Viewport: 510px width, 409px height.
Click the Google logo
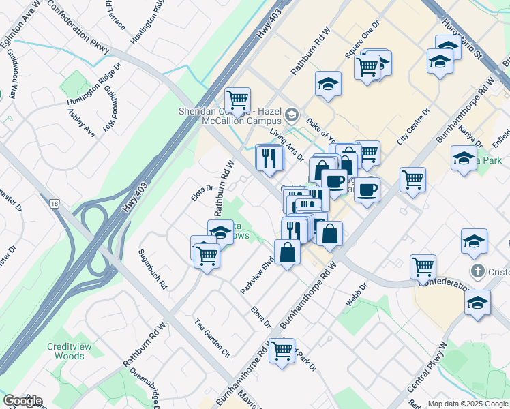(x=22, y=401)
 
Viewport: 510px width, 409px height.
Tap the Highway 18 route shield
(x=53, y=203)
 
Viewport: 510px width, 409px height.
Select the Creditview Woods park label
(x=65, y=351)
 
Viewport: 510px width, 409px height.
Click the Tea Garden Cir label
(x=213, y=339)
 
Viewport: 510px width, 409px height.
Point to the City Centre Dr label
(x=414, y=126)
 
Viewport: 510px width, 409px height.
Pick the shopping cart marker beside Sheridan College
(x=237, y=100)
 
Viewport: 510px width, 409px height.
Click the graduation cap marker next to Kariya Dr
(x=464, y=159)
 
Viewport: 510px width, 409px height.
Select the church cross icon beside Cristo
(x=481, y=271)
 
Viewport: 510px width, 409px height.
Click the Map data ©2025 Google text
(x=467, y=403)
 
